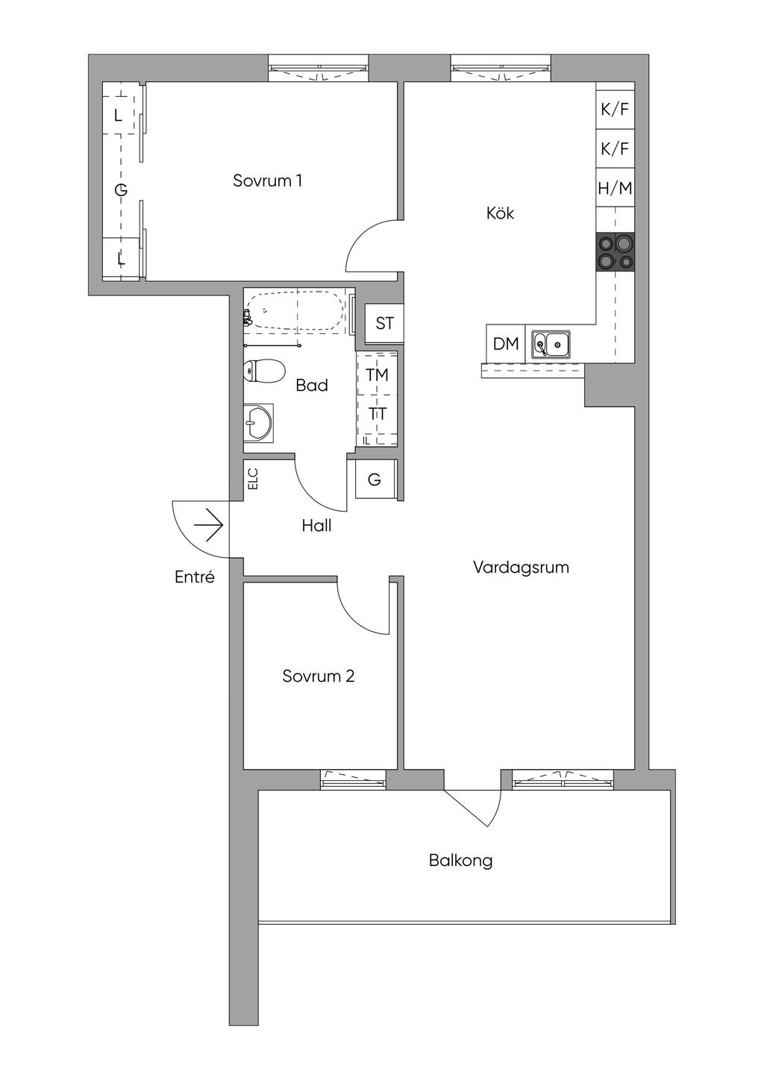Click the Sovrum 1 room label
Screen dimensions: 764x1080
pos(267,180)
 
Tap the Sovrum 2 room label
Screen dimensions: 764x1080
pos(319,676)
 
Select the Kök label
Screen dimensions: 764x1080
pos(500,213)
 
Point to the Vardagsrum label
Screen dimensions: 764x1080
pos(521,568)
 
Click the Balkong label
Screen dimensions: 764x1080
pos(460,861)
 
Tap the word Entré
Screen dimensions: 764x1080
pos(195,577)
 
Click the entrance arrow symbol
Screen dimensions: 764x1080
pos(209,524)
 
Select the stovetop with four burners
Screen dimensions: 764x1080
pos(616,251)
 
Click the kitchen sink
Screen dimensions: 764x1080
pos(551,345)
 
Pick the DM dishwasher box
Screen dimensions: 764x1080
pos(505,343)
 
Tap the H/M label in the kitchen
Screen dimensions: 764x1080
pos(615,188)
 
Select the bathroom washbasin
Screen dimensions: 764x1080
pos(258,422)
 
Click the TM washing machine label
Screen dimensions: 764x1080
pos(378,374)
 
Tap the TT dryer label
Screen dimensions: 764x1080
pos(378,414)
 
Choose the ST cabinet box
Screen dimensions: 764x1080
pos(384,323)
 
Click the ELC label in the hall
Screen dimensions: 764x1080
pos(254,479)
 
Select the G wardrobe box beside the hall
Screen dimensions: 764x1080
pos(376,480)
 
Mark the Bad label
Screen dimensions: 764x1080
pos(312,385)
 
